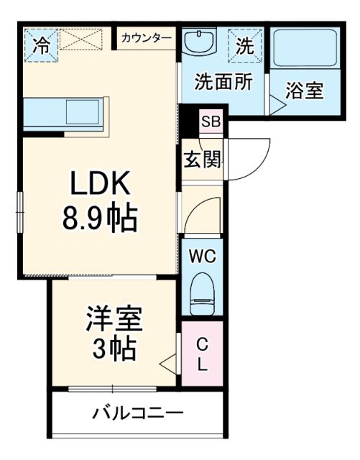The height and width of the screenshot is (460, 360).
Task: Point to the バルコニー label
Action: click(x=138, y=413)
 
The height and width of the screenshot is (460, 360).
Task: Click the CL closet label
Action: click(x=202, y=352)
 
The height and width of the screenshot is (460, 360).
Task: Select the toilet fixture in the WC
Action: click(x=203, y=295)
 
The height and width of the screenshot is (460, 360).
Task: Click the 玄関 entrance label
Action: click(x=203, y=160)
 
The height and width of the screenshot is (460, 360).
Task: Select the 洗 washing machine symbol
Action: click(x=245, y=45)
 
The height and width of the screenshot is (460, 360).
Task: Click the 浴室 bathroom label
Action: click(x=305, y=91)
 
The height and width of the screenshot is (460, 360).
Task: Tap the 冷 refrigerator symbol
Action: click(x=42, y=45)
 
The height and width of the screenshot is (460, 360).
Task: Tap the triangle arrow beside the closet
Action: click(x=169, y=364)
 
